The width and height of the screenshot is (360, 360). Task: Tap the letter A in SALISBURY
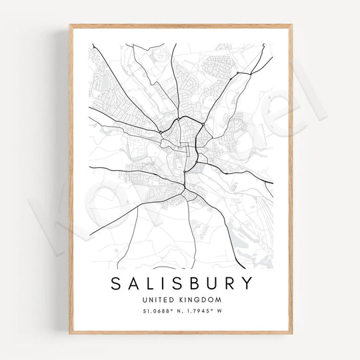click(133, 283)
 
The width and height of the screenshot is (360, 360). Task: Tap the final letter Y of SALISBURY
click(247, 283)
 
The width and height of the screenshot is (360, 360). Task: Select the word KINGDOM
click(198, 300)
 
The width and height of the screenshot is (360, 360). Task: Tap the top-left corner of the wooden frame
click(69, 25)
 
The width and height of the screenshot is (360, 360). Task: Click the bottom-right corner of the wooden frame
click(292, 333)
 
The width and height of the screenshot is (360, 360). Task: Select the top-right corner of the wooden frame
click(292, 25)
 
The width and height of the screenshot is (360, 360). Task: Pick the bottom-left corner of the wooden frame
click(69, 333)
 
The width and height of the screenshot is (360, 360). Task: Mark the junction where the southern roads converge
click(186, 194)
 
